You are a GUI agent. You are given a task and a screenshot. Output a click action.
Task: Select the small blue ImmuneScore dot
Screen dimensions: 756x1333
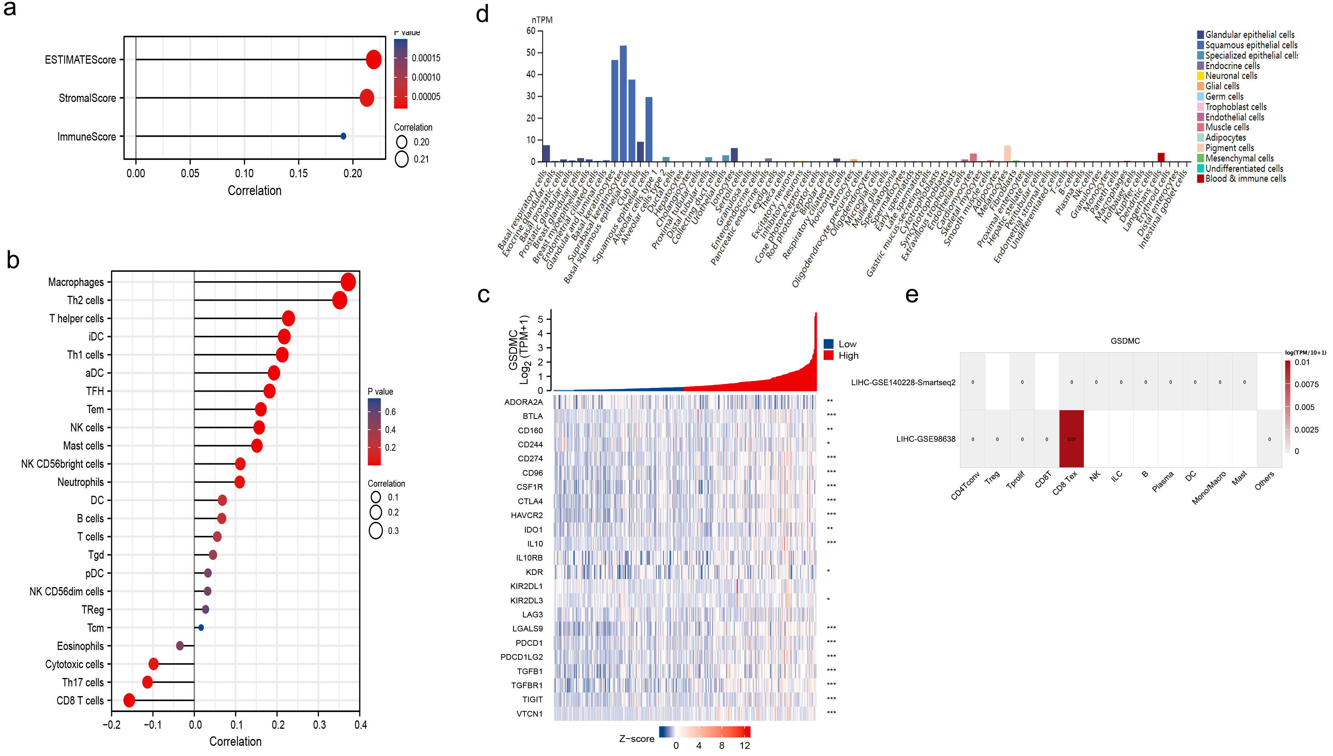[343, 136]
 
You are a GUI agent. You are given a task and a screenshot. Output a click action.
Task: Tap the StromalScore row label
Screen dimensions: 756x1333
[87, 98]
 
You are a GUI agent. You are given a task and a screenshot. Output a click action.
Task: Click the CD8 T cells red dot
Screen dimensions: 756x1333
[129, 700]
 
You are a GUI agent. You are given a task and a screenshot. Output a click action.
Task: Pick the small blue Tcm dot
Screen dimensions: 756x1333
[201, 628]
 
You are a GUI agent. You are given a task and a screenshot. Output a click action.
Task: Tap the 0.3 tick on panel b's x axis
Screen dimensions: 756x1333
[319, 725]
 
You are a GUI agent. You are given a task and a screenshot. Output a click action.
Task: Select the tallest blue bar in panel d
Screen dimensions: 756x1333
[623, 104]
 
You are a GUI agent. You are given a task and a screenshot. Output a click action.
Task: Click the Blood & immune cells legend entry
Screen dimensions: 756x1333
[1245, 179]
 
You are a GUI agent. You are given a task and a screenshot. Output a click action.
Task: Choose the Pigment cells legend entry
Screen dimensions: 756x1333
[1229, 148]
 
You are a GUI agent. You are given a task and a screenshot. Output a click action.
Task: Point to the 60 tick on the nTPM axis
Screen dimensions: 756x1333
[531, 31]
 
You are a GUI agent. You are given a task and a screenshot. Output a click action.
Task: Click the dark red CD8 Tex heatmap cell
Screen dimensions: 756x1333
[1071, 439]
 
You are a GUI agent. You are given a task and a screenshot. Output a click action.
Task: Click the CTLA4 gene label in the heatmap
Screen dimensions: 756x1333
[530, 501]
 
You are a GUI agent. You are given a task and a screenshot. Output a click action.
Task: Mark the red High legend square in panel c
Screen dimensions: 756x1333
[829, 356]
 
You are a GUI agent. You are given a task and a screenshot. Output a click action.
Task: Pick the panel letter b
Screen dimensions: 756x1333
[13, 259]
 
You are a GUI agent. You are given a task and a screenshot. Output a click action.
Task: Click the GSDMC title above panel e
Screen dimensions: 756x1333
[1125, 341]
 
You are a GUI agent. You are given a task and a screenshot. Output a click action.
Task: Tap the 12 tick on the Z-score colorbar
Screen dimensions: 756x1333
[745, 746]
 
